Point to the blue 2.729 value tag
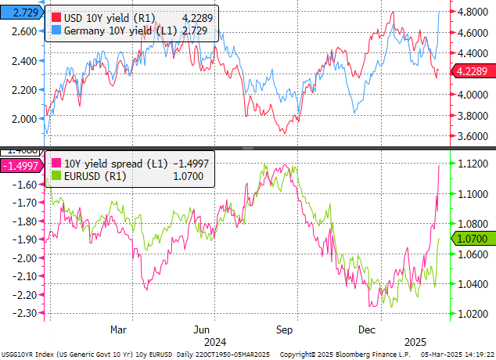click(x=19, y=13)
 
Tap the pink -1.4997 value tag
click(x=20, y=165)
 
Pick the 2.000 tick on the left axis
click(x=23, y=118)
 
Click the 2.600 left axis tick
click(x=23, y=31)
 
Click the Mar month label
click(x=118, y=329)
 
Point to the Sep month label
click(x=285, y=329)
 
